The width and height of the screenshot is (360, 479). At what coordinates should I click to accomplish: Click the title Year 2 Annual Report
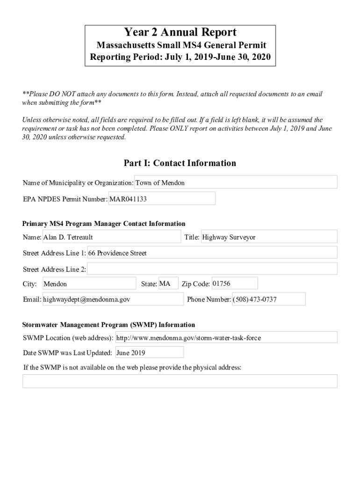[x=180, y=32]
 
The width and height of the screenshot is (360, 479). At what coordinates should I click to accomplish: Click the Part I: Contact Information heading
[x=180, y=163]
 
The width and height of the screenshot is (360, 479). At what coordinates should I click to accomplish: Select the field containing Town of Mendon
[x=236, y=182]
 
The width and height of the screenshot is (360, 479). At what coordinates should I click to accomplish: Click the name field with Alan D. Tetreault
[x=111, y=237]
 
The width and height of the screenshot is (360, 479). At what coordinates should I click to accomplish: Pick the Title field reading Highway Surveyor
[x=268, y=237]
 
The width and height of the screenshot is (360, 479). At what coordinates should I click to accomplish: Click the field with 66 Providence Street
[x=212, y=253]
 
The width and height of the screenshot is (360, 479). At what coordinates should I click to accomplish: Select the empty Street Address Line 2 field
[x=212, y=269]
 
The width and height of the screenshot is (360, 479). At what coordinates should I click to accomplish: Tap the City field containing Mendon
[x=89, y=284]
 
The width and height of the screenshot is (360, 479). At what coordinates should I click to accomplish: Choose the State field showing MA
[x=168, y=283]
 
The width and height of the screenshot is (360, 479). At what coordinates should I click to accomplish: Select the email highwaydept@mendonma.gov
[x=113, y=299]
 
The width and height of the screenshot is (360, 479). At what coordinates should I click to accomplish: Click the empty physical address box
[x=180, y=381]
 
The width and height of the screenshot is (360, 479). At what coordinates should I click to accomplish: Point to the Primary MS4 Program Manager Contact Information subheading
[x=104, y=224]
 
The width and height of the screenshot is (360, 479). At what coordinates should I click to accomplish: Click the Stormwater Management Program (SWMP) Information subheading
[x=108, y=325]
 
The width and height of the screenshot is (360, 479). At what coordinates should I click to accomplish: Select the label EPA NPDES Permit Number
[x=65, y=199]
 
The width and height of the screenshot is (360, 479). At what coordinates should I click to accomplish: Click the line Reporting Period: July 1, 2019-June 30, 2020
[x=180, y=58]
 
